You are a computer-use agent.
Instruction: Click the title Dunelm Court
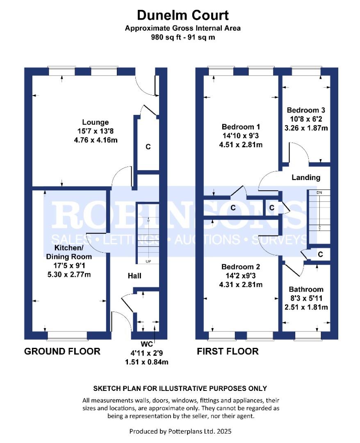coord(182,16)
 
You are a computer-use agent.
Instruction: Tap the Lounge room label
coord(96,122)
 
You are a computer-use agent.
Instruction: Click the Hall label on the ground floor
coord(134,276)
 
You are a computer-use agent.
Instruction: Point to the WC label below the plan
coord(146,344)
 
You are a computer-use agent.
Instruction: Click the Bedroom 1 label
coord(241,127)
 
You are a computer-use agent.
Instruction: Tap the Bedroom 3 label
coord(306,110)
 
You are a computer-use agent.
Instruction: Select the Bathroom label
coord(306,289)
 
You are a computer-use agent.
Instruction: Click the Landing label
coord(305,178)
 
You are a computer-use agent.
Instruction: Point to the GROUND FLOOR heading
coord(62,352)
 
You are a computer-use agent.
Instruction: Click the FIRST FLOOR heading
coord(228,352)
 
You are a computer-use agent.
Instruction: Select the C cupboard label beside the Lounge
coord(148,146)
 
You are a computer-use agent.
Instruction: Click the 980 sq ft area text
coord(182,37)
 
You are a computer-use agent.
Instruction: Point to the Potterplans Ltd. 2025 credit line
coord(182,431)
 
